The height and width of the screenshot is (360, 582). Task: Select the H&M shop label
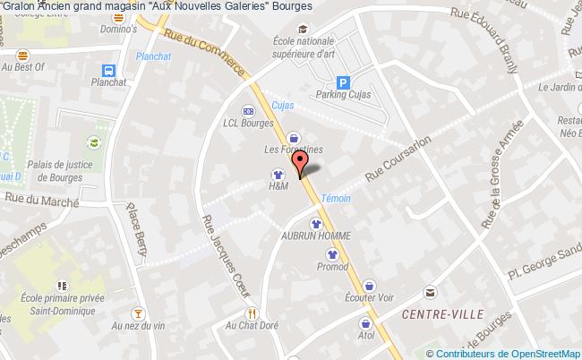pyautogui.click(x=278, y=187)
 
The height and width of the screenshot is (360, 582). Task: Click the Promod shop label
pyautogui.click(x=332, y=266)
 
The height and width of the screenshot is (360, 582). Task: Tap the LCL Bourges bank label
pyautogui.click(x=247, y=124)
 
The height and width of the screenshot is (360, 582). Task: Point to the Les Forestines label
pyautogui.click(x=293, y=150)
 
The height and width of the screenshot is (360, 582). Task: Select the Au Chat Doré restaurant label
pyautogui.click(x=252, y=326)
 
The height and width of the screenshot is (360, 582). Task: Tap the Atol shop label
pyautogui.click(x=365, y=337)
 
